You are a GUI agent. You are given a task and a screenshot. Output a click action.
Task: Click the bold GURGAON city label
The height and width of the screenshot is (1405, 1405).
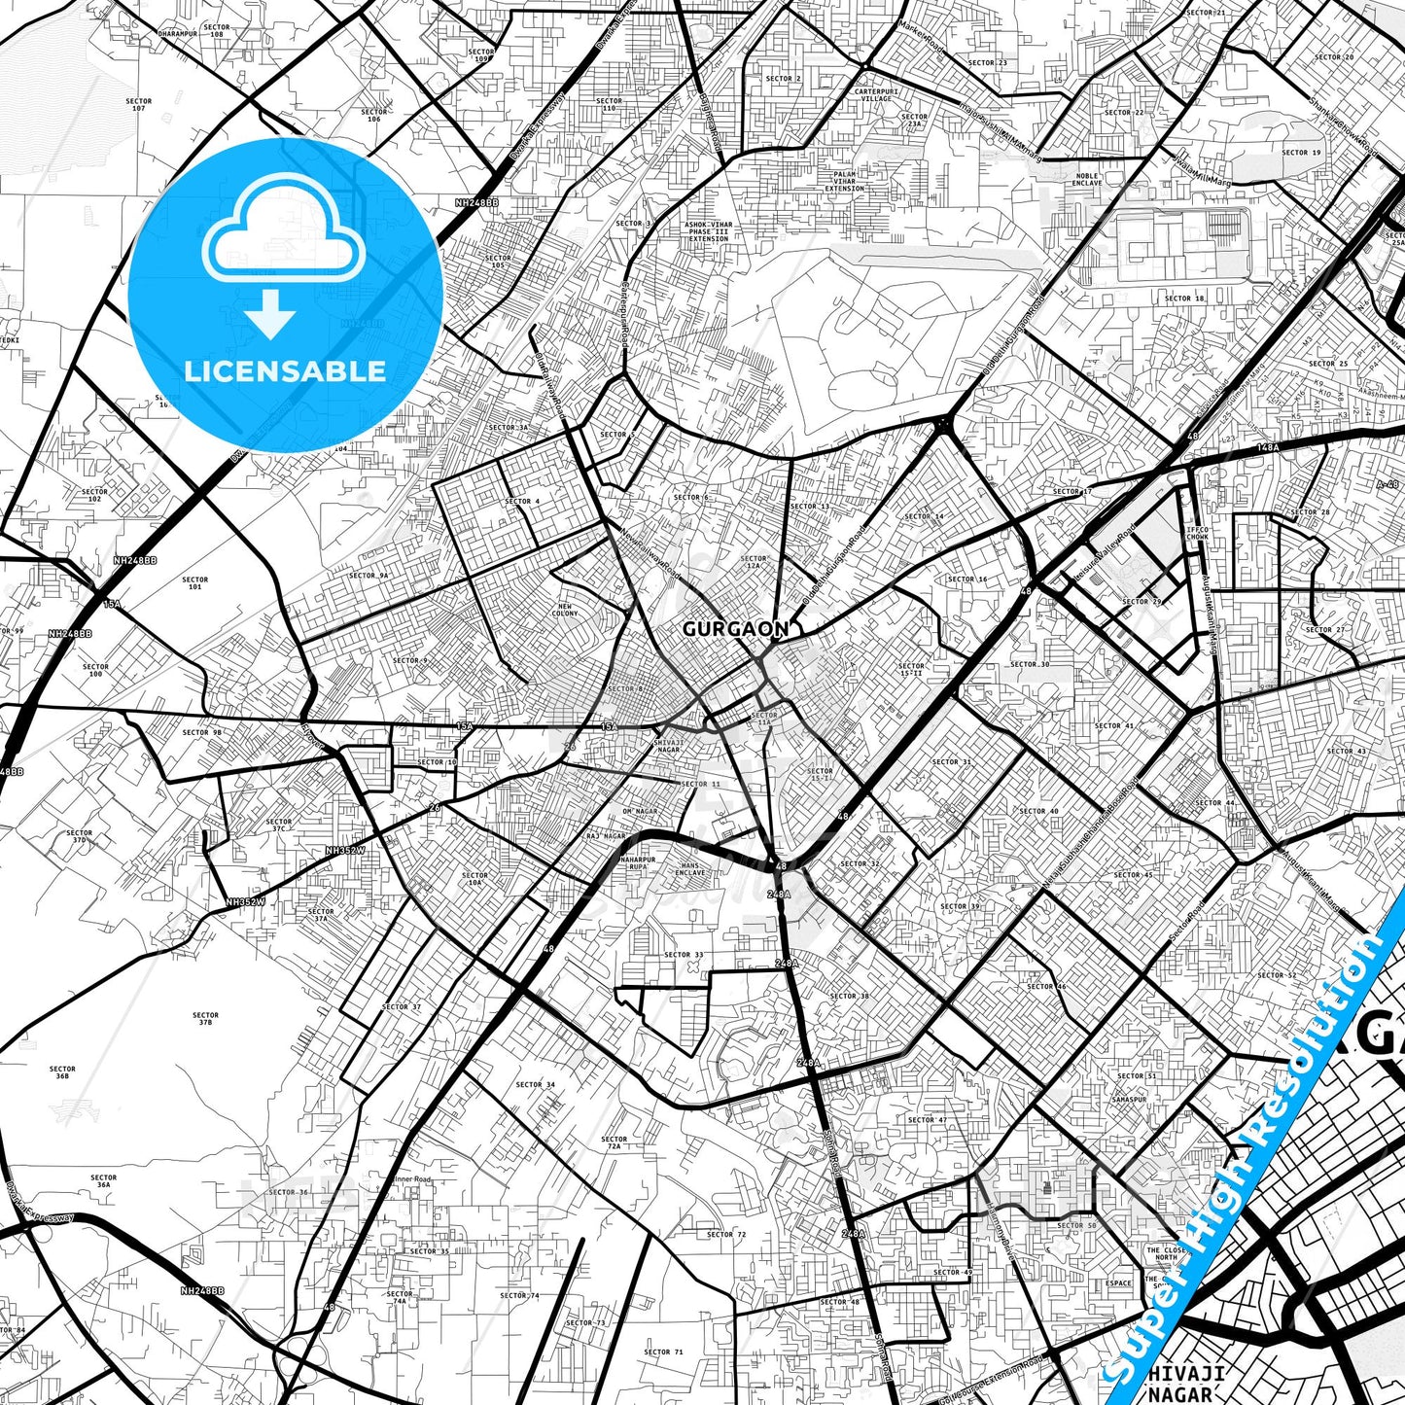735,629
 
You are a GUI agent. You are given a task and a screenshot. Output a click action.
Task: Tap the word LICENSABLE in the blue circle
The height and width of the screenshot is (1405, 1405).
285,370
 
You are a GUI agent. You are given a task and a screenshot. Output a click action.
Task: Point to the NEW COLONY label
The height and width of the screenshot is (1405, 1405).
565,610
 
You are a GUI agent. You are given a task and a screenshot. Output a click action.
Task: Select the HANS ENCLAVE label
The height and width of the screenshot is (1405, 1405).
691,868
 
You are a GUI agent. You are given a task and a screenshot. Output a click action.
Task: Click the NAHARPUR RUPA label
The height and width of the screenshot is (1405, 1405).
638,863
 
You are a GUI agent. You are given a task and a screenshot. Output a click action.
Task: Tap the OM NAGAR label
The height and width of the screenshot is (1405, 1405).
640,811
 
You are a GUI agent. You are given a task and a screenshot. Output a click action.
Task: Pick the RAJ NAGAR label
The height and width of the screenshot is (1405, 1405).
607,835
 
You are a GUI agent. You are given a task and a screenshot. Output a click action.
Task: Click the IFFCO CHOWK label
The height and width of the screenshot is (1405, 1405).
1197,533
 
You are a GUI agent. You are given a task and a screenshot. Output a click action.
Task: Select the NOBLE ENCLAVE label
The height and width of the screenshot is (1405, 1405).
1087,180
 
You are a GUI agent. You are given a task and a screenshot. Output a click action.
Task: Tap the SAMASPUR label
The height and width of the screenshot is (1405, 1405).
1130,1100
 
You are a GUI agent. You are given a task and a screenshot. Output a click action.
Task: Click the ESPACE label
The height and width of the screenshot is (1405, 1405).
1118,1282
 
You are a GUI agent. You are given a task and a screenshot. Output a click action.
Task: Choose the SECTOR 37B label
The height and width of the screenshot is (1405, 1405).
205,1018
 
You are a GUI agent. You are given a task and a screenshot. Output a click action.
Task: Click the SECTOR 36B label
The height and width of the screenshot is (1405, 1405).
62,1072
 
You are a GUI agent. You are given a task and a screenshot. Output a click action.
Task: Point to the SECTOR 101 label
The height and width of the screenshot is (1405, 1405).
195,583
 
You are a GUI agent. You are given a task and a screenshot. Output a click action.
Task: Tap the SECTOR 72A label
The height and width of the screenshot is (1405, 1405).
615,1142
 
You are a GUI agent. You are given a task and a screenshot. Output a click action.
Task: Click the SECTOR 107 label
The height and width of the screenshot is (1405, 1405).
139,104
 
